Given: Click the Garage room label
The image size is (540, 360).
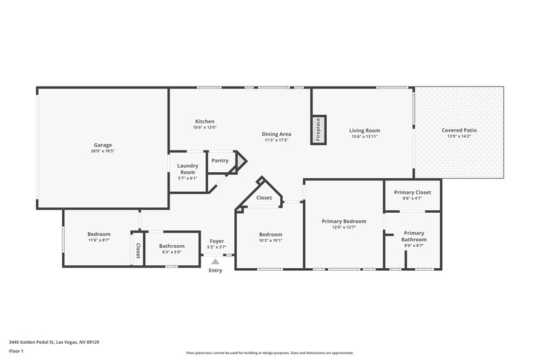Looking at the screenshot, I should tap(103, 145).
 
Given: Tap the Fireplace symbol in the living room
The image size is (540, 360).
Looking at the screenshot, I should tap(318, 130).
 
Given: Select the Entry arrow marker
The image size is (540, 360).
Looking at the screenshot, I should tap(215, 262).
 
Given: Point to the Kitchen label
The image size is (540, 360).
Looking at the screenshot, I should tap(205, 122).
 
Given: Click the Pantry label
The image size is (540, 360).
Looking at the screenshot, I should tap(219, 161).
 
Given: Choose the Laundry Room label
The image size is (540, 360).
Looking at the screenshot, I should tap(187, 169).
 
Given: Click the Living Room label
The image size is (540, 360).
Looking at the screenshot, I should tap(364, 130).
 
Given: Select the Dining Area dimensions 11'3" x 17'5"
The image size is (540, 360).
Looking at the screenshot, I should tap(276, 140).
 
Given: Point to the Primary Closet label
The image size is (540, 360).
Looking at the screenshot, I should tap(412, 192).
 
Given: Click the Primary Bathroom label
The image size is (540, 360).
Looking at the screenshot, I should tap(414, 236).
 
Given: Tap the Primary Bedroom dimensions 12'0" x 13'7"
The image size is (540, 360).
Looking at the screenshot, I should tap(344, 228).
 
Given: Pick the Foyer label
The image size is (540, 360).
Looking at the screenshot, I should tap(216, 241).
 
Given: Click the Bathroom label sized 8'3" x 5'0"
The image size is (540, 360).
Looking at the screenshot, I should tap(172, 253).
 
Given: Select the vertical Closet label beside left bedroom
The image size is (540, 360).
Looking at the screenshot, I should tap(138, 251).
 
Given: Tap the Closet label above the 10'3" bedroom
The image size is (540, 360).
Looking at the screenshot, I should tap(264, 198).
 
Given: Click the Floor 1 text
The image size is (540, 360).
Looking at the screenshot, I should tap(16, 351).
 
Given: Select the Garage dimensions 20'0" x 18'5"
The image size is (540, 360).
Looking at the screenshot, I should tap(103, 151).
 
